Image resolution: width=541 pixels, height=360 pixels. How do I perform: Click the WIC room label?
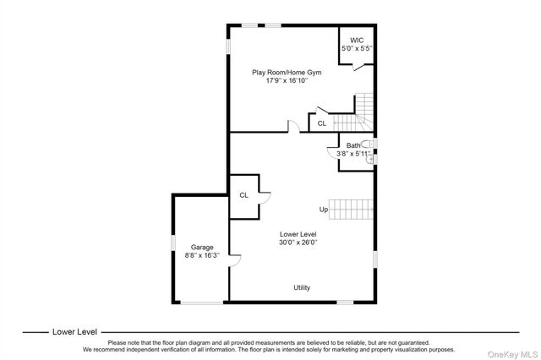[357, 41]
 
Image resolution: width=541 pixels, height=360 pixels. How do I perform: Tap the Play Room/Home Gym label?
[287, 73]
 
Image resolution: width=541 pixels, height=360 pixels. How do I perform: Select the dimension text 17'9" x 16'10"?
[287, 80]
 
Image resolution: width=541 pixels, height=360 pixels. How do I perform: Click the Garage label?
[202, 248]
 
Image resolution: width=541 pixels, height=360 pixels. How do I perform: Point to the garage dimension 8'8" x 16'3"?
[202, 255]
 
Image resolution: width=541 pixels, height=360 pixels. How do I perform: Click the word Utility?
[302, 287]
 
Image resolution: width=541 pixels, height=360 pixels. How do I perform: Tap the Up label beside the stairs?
[323, 210]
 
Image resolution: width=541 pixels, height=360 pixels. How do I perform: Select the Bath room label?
[353, 145]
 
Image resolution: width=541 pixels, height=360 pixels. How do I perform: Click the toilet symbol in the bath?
[367, 144]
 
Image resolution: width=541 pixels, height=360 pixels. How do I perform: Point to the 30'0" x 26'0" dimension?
[298, 243]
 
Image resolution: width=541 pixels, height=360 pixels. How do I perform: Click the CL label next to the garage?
[244, 195]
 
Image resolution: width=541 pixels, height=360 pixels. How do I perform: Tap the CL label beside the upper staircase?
[322, 123]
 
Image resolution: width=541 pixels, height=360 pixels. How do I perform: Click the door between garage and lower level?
[235, 260]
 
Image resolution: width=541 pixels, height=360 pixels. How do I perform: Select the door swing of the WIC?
[358, 68]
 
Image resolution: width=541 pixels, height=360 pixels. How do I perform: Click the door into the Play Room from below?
[294, 126]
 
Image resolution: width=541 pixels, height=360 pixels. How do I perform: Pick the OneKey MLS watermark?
[513, 354]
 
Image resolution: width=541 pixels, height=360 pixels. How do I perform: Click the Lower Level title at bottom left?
[74, 332]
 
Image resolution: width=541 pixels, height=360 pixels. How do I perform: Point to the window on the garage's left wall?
[173, 243]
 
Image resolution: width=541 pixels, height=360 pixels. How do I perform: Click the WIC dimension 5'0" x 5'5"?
[357, 49]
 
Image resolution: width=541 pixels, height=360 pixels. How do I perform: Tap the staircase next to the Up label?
[351, 210]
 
